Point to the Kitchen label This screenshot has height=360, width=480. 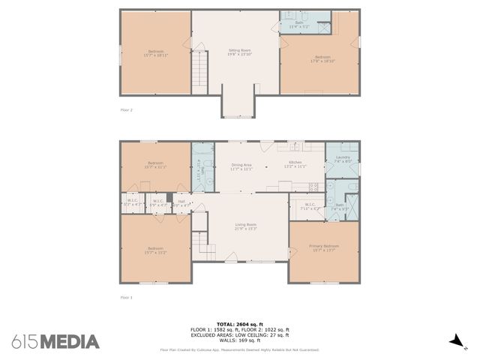point(295,163)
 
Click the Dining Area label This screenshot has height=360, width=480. point(241,166)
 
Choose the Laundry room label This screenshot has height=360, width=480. point(343,158)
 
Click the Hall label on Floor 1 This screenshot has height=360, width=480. point(181,202)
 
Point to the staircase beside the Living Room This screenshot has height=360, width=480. point(199,244)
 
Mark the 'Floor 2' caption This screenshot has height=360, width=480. point(126,109)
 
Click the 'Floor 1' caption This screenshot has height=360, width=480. point(126,298)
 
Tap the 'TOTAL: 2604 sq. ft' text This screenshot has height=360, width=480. point(239,325)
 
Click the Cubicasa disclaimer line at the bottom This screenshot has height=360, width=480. point(239,350)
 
